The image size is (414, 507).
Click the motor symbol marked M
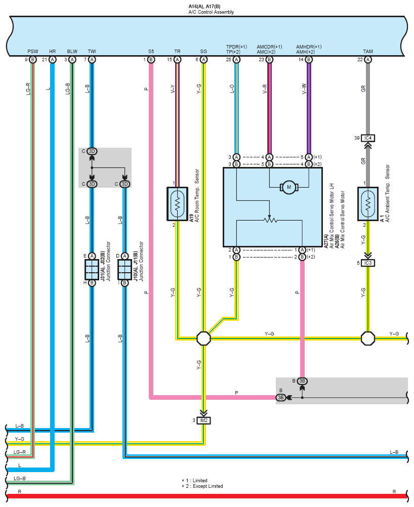tap(289, 187)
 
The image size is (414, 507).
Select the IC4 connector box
tap(368, 138)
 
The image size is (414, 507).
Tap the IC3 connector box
tap(368, 263)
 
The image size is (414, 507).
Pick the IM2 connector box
tap(203, 420)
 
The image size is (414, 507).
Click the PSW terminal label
tap(33, 52)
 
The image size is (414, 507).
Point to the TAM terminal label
tap(368, 52)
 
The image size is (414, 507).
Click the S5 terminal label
tap(151, 52)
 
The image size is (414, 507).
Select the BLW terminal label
tap(72, 52)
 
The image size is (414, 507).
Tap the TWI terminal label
tap(92, 52)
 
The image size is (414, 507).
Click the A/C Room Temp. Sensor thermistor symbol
tap(177, 204)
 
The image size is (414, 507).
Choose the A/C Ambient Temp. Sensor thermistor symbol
tap(368, 204)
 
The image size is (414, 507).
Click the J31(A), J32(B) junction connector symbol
tap(92, 269)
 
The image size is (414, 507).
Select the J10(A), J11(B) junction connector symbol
tap(125, 269)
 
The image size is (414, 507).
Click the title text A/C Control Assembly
tap(211, 12)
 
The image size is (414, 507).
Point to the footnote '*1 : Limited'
tap(194, 481)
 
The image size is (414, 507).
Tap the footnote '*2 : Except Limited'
tap(202, 486)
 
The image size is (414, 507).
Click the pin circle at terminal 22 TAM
tap(368, 60)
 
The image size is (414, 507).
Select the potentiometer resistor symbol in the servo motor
tap(270, 220)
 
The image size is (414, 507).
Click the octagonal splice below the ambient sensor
tap(368, 339)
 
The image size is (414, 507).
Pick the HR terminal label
tap(53, 52)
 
